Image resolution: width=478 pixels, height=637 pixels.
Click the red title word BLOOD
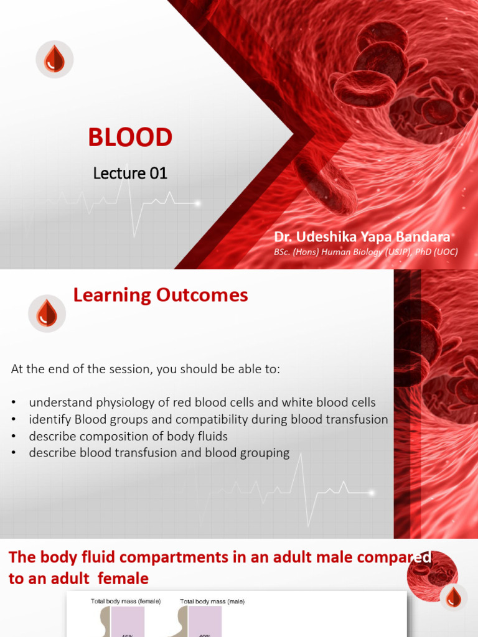point(130,137)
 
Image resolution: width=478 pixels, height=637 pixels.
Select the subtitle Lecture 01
point(130,173)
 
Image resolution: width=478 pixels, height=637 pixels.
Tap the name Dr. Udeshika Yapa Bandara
point(362,237)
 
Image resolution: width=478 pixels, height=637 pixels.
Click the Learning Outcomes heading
point(161,295)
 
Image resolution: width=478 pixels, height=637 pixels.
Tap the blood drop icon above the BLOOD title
point(54,60)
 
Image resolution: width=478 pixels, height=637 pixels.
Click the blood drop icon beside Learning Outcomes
point(47,313)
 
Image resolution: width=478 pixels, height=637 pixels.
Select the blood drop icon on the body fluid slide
point(453,597)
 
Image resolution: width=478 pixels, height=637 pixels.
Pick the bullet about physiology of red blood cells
point(202,402)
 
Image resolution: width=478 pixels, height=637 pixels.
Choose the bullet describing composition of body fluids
point(128,436)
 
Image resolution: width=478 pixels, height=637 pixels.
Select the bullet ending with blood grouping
point(159,453)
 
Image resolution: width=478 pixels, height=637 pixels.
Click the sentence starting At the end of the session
point(146,369)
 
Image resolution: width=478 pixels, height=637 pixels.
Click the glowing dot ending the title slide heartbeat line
point(197,203)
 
